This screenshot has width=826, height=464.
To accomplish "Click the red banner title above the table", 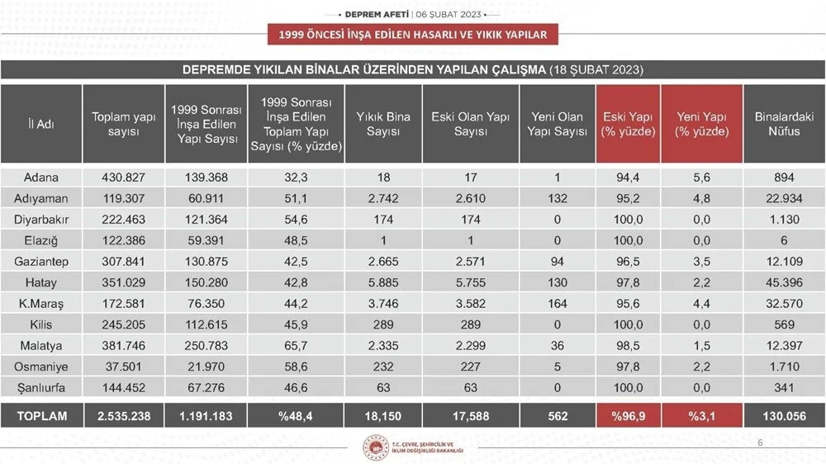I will [412, 34].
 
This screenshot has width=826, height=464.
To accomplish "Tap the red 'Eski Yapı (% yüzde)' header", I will [627, 124].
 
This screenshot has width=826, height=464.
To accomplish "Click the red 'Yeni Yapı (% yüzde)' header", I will [702, 124].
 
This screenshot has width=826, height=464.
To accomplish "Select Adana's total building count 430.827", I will [123, 178].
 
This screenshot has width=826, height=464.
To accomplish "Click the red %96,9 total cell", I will [627, 416].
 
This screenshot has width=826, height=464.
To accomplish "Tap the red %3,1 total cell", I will [702, 416].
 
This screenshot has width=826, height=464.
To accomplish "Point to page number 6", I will [761, 444].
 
